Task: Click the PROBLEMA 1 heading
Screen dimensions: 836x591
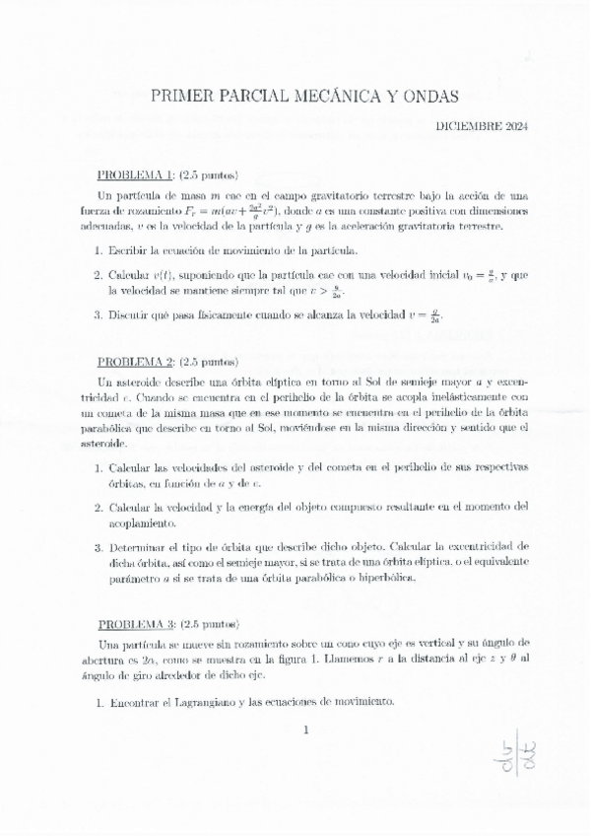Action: (136, 174)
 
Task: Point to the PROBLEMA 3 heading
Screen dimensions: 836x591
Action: (136, 624)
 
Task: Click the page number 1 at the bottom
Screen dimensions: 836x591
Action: (307, 731)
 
